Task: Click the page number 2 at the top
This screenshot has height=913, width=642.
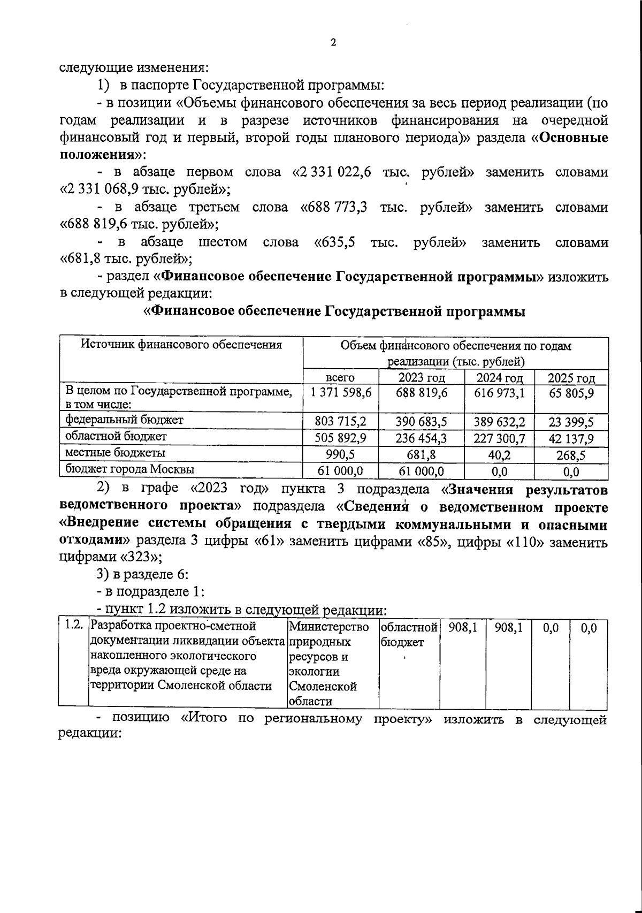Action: (x=333, y=43)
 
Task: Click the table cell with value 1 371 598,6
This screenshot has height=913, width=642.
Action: (x=341, y=393)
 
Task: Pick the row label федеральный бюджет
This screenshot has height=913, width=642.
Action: (x=124, y=420)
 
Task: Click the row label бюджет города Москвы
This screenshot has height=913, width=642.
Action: (x=129, y=470)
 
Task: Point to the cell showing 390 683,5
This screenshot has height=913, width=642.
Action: (x=421, y=422)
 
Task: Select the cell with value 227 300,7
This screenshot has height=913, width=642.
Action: (x=500, y=439)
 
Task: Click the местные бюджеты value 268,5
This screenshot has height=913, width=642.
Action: (x=571, y=455)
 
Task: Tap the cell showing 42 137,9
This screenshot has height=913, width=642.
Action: (x=571, y=439)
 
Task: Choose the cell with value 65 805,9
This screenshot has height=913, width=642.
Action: (x=571, y=393)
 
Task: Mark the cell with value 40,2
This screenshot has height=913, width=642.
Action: (x=500, y=455)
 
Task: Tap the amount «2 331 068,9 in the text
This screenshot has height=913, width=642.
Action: (x=105, y=189)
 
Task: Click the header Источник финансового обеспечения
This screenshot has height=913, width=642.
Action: (x=181, y=345)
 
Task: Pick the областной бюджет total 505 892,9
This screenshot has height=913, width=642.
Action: (x=341, y=439)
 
